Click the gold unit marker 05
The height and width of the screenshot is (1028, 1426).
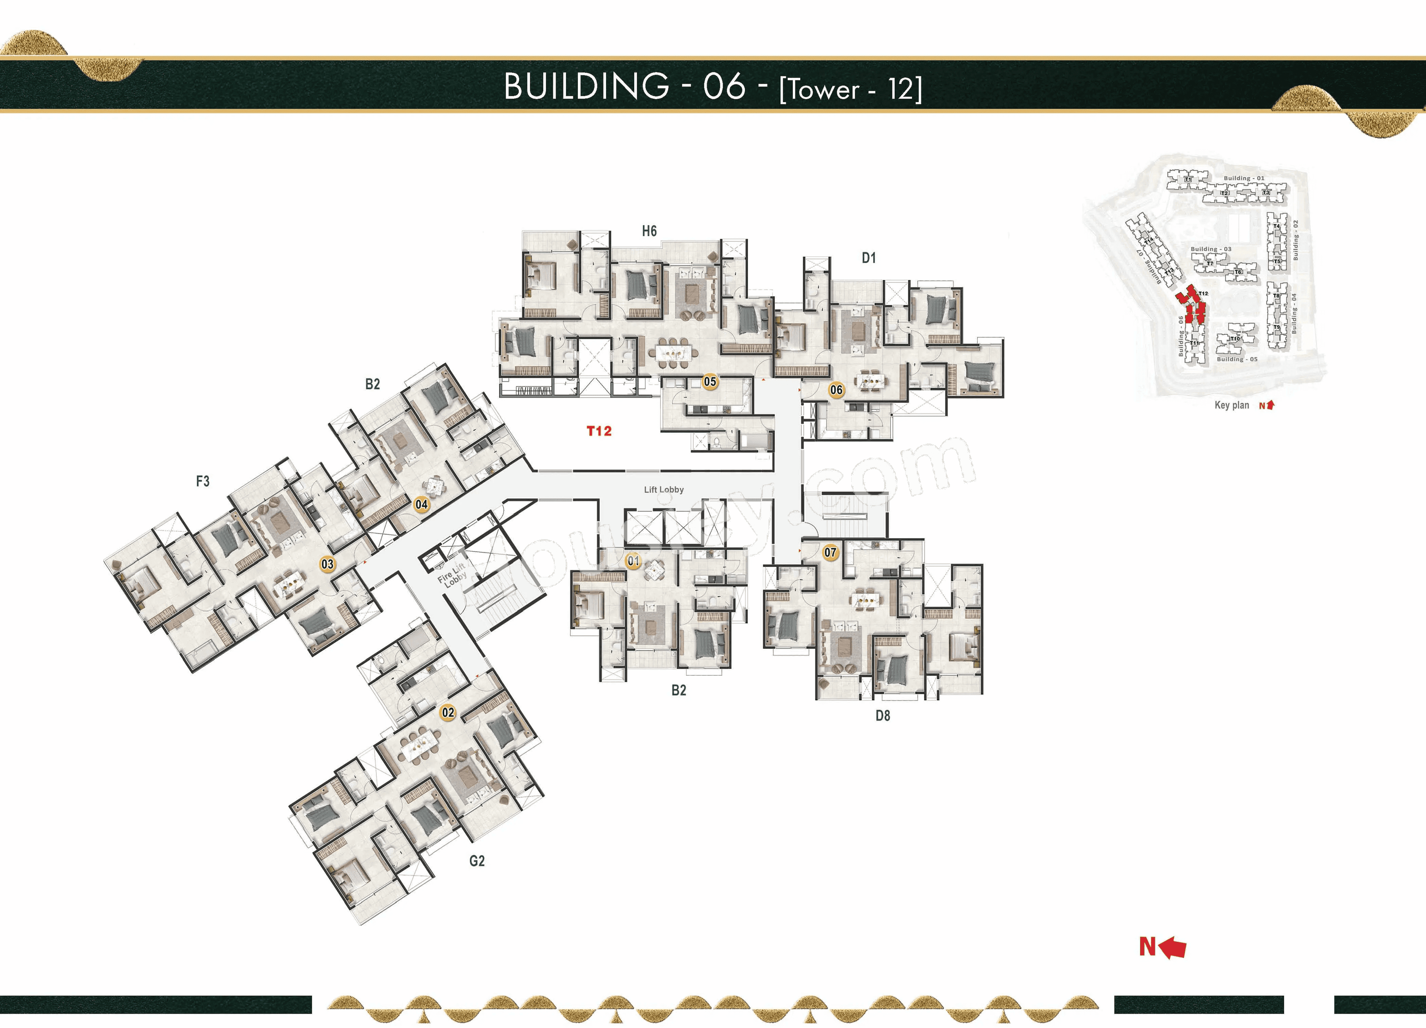[710, 382]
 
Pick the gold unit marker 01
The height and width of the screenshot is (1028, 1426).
[633, 560]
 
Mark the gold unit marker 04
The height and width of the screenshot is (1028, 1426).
[421, 504]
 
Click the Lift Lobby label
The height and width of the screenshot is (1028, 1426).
[663, 490]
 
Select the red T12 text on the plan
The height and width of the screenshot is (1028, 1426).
[599, 431]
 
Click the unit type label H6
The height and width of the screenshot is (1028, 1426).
[649, 231]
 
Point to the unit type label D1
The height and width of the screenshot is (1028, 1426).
[868, 258]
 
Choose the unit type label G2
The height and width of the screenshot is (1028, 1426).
[476, 861]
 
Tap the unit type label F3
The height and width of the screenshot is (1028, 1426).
[202, 481]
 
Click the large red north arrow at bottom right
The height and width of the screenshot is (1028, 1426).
[1171, 947]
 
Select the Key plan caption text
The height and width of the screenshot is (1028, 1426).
[1231, 405]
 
